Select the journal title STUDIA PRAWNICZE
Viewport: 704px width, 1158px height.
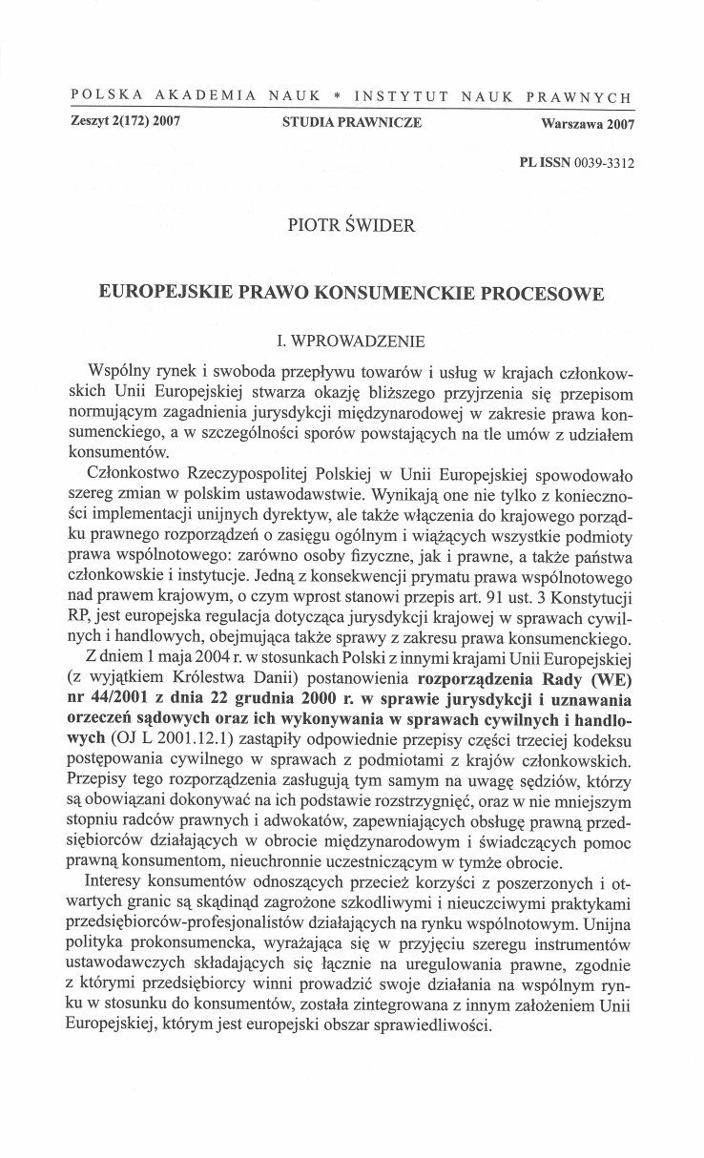(352, 122)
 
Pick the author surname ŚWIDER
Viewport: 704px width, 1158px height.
(384, 226)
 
